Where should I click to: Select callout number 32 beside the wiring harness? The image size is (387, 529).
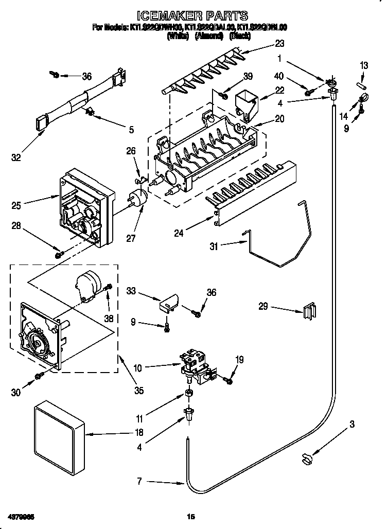[x=16, y=157]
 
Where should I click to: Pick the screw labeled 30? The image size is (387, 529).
[x=38, y=377]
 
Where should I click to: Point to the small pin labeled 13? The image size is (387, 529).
[x=361, y=84]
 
